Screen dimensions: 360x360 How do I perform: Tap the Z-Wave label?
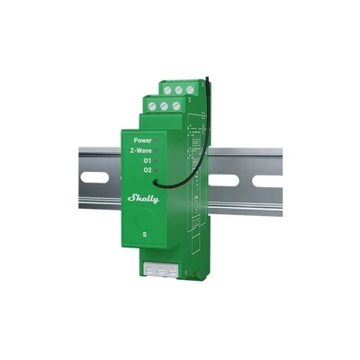[x=140, y=151]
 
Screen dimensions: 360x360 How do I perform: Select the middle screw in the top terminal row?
[x=178, y=90]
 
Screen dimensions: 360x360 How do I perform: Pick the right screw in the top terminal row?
[x=189, y=89]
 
